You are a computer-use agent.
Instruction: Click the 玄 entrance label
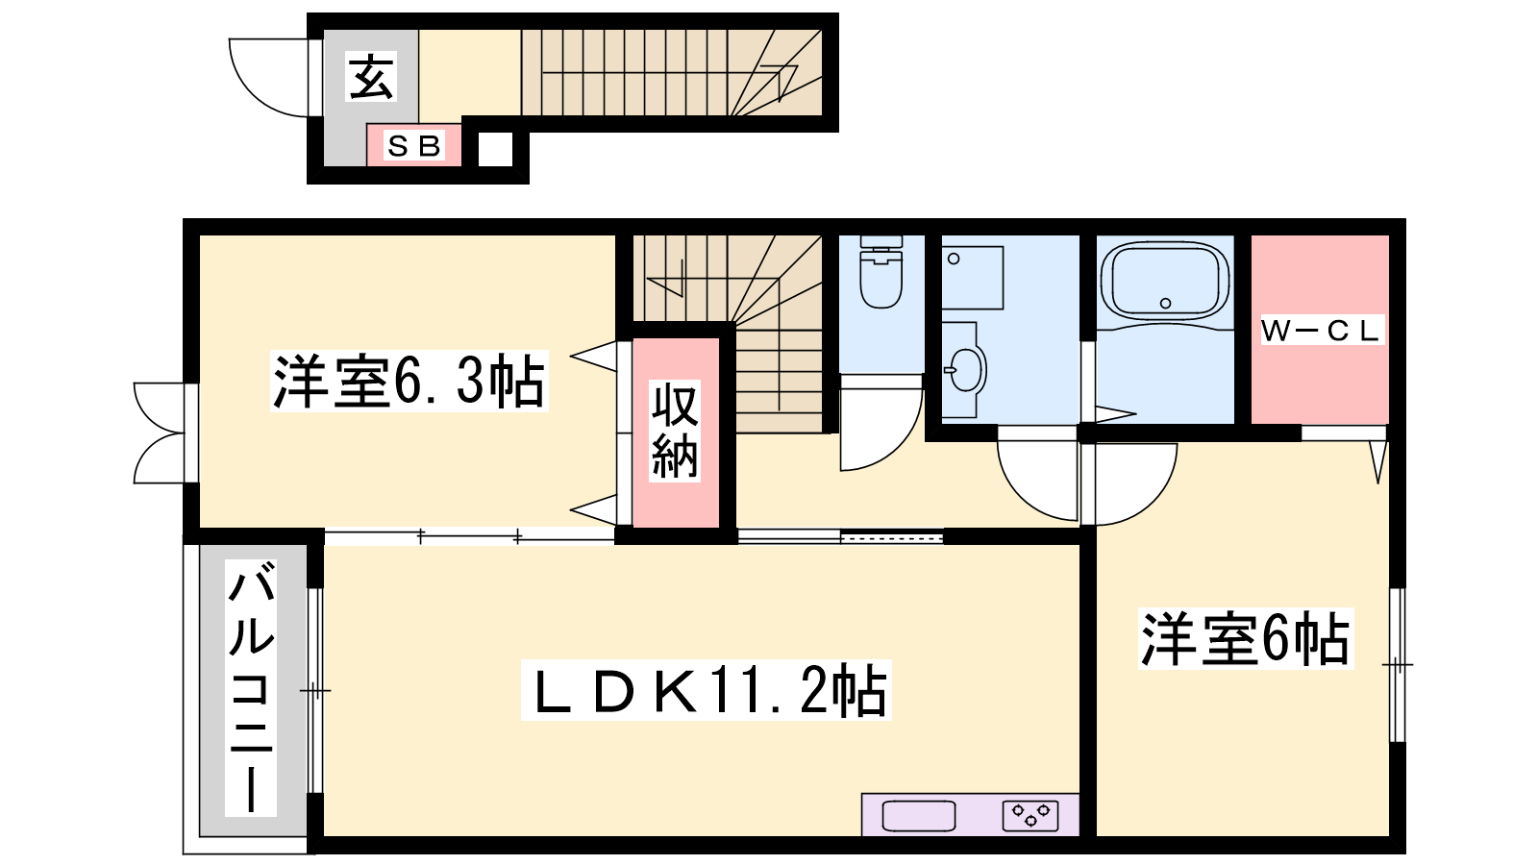(x=371, y=78)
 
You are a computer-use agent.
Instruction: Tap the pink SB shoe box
(x=413, y=145)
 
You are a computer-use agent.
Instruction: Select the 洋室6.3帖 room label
(x=409, y=381)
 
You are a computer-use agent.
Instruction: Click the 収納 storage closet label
(x=675, y=431)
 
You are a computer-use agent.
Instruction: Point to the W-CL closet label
(x=1321, y=331)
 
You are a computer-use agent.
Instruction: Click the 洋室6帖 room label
(x=1246, y=638)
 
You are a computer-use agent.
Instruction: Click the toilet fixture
(x=881, y=272)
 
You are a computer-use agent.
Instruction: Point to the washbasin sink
(x=965, y=370)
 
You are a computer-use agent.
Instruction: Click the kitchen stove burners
(x=1030, y=816)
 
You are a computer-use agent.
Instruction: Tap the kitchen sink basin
(x=919, y=816)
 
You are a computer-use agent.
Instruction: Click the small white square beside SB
(x=495, y=149)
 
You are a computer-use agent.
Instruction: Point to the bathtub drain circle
(x=1165, y=304)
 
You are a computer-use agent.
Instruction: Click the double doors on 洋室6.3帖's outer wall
(x=163, y=433)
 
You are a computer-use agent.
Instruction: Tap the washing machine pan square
(x=972, y=278)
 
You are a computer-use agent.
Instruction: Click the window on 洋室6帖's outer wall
(x=1398, y=664)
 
